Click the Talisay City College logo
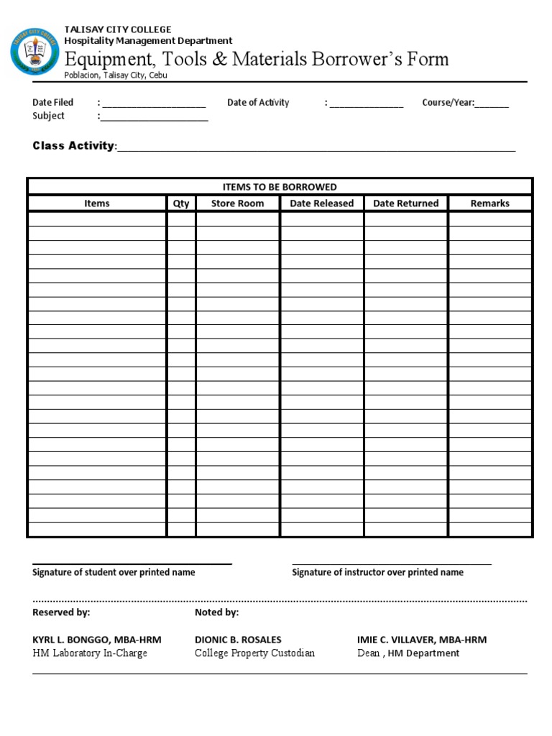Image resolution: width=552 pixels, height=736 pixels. click(34, 52)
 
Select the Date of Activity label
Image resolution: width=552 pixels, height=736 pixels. click(258, 103)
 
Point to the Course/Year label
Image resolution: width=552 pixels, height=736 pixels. click(448, 103)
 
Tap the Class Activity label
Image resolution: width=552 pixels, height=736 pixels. click(73, 146)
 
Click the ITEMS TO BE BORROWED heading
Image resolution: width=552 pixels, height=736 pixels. click(280, 187)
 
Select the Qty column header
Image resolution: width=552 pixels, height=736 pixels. click(181, 203)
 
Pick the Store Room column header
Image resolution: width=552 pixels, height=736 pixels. click(237, 203)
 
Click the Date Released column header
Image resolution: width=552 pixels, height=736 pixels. click(321, 203)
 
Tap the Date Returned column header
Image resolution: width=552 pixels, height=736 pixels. click(405, 203)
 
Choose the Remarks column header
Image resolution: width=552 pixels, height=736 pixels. click(489, 203)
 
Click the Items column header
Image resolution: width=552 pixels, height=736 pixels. click(97, 203)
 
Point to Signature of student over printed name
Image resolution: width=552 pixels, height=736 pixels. click(114, 572)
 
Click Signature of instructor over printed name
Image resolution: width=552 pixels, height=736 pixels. click(377, 572)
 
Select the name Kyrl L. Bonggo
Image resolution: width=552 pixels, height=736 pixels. click(97, 640)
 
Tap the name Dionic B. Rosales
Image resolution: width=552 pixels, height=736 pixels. click(238, 640)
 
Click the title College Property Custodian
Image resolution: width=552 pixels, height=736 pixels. click(254, 653)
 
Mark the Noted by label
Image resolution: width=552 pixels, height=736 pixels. click(216, 612)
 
